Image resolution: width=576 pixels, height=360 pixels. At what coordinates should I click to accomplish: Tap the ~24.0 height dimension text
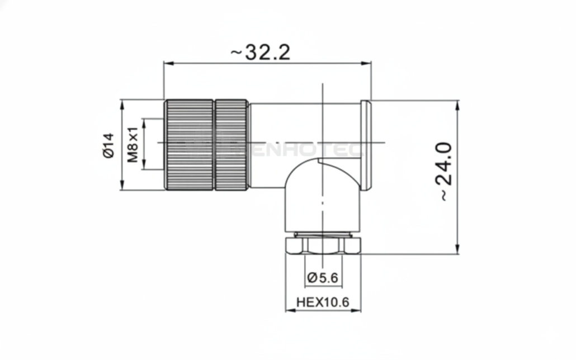[443, 171]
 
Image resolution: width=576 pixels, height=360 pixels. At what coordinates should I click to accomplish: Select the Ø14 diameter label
[108, 145]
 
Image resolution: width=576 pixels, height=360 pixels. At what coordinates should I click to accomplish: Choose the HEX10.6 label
[323, 302]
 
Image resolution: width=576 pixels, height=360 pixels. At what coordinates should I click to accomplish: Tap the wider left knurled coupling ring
[188, 145]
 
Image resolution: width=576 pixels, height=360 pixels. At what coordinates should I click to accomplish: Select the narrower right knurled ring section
[232, 145]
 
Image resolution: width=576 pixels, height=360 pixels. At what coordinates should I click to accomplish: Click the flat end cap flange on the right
[366, 145]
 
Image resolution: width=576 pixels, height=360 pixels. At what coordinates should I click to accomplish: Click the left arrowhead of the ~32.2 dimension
[167, 63]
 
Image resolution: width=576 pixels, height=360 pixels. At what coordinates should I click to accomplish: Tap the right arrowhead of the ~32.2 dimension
[368, 63]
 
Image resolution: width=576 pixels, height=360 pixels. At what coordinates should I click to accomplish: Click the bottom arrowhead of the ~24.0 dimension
[458, 250]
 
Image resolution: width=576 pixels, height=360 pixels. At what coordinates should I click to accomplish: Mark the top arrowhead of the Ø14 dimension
[121, 104]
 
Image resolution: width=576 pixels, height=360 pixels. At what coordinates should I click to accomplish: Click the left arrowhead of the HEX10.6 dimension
[289, 310]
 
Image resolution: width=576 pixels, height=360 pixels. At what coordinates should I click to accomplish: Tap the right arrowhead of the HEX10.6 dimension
[357, 310]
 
